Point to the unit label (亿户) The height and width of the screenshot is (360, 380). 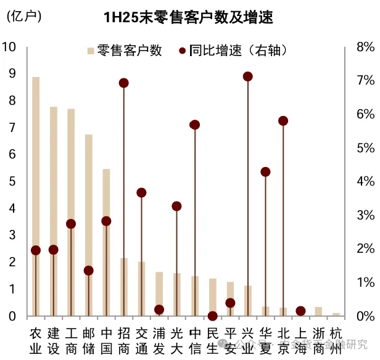pos(23,17)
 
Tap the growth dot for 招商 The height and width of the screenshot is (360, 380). pos(123,83)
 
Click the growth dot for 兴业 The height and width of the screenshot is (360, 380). pos(248,76)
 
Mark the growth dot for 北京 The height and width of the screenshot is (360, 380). pos(283,121)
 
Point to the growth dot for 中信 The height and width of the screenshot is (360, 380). pos(195,125)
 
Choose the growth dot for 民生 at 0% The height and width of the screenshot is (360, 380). pos(213,316)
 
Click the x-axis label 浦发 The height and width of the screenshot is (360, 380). pos(159,340)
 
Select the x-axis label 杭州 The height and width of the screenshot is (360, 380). pos(336,340)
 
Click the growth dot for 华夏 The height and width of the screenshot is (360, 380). pos(265,172)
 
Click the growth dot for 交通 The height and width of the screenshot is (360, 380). pos(141,193)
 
